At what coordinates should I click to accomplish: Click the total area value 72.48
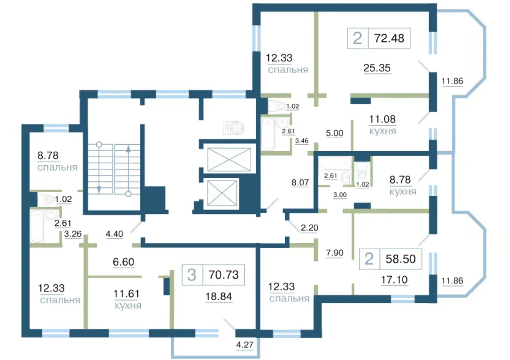[389, 38]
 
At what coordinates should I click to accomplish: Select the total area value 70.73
[223, 275]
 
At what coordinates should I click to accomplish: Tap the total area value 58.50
[400, 259]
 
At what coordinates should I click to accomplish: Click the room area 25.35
[377, 68]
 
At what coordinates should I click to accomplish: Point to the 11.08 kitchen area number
[382, 119]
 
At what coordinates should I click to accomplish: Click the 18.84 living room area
[219, 296]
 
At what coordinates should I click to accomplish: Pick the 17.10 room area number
[394, 280]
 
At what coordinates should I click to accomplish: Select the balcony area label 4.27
[245, 345]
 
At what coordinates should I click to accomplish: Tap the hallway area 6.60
[123, 262]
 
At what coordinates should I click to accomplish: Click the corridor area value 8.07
[300, 182]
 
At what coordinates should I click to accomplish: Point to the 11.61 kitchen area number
[126, 294]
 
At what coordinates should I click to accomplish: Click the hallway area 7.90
[334, 253]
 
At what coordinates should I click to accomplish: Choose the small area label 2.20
[309, 228]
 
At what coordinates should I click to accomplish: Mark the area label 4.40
[114, 234]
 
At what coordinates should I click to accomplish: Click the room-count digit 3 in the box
[192, 275]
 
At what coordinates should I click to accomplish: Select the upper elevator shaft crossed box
[229, 160]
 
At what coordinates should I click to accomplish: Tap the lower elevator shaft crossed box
[222, 193]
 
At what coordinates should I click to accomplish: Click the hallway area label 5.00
[334, 133]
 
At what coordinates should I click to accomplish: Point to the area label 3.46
[301, 141]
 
